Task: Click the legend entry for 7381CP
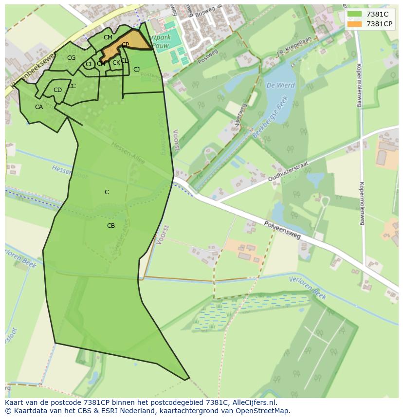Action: pyautogui.click(x=374, y=24)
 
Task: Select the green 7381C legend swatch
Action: pyautogui.click(x=354, y=14)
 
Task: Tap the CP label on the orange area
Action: pyautogui.click(x=125, y=45)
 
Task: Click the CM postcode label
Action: pyautogui.click(x=108, y=37)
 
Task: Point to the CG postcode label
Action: pyautogui.click(x=72, y=58)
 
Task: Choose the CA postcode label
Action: pyautogui.click(x=39, y=107)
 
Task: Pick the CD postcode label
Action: pyautogui.click(x=57, y=90)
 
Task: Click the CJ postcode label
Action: pyautogui.click(x=137, y=70)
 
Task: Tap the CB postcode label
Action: pyautogui.click(x=111, y=226)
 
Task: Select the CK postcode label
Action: pyautogui.click(x=116, y=63)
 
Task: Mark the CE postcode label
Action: pyautogui.click(x=89, y=64)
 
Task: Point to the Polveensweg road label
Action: pyautogui.click(x=282, y=229)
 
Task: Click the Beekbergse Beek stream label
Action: pyautogui.click(x=271, y=117)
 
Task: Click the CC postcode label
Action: pyautogui.click(x=72, y=86)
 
